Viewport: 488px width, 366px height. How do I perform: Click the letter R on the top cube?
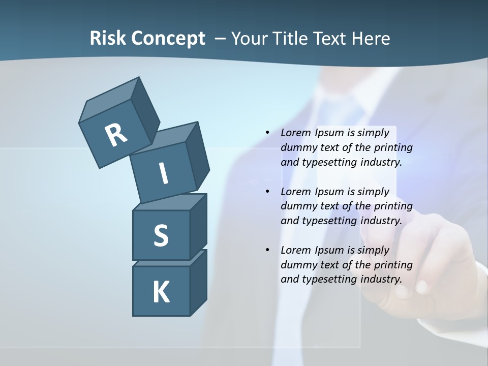click(116, 135)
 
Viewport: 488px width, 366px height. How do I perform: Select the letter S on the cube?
click(161, 236)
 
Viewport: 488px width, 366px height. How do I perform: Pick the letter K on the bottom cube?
click(161, 292)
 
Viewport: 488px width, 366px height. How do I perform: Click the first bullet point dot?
click(267, 133)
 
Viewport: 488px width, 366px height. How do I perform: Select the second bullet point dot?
click(267, 192)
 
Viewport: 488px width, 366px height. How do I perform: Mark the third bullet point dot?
click(267, 250)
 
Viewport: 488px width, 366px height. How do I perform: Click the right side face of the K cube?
click(198, 282)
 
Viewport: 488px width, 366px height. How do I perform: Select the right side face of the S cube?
click(198, 226)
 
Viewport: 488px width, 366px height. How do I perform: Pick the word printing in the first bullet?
click(393, 147)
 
